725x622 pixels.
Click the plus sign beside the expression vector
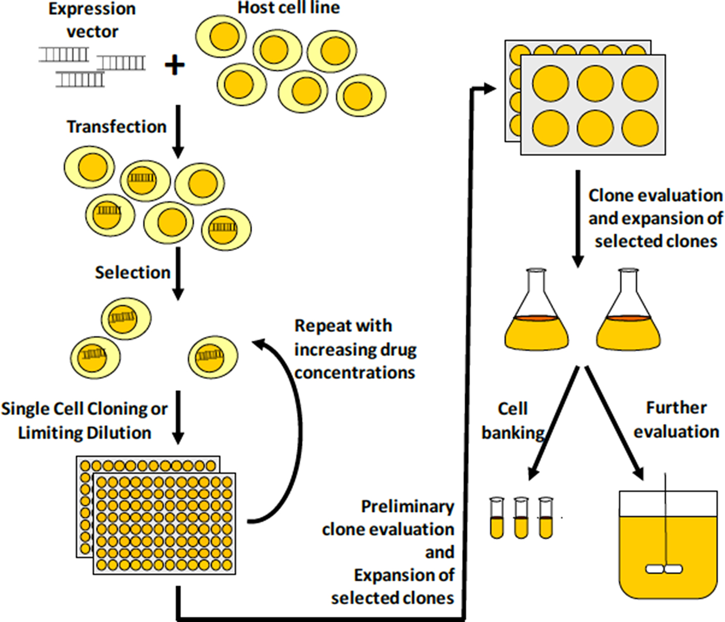tap(175, 65)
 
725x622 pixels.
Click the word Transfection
tap(117, 127)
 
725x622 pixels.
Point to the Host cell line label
tap(288, 8)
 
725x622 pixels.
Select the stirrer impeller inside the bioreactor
tap(664, 569)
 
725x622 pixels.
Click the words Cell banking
tap(513, 420)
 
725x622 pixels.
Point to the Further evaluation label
tap(676, 419)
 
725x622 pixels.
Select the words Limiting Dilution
tap(85, 433)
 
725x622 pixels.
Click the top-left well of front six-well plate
tap(550, 84)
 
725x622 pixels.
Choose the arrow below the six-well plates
tap(578, 218)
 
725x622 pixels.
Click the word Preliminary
tap(408, 506)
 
